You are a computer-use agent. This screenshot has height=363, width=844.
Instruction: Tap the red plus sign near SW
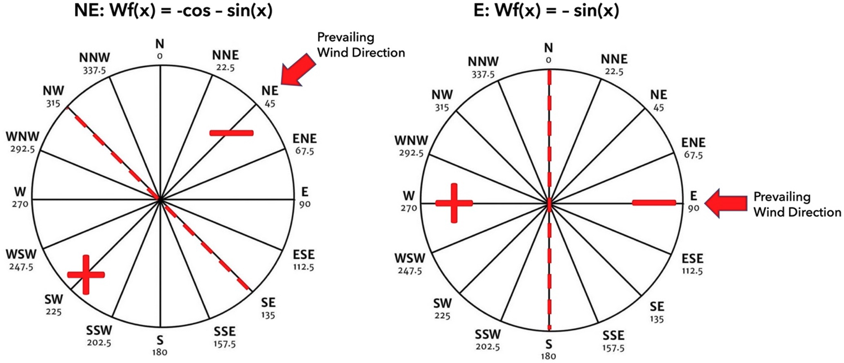tap(86, 274)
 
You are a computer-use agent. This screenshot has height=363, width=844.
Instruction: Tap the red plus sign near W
tap(454, 203)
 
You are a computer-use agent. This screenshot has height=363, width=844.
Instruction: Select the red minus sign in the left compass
tap(232, 132)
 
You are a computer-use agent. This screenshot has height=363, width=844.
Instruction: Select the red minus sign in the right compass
tap(654, 202)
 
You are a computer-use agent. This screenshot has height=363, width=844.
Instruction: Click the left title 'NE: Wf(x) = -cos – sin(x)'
tap(173, 11)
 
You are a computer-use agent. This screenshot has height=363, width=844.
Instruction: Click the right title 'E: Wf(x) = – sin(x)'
tap(546, 11)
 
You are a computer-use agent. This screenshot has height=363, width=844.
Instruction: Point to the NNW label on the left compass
tap(95, 58)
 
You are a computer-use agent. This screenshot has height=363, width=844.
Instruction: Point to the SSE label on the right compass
tap(613, 335)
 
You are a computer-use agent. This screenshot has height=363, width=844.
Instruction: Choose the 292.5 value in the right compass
tap(411, 153)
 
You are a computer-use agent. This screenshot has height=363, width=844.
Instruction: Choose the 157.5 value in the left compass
tap(224, 344)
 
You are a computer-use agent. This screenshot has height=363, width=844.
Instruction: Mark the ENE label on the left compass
tap(304, 139)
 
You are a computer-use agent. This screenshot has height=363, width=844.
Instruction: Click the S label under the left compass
tap(160, 340)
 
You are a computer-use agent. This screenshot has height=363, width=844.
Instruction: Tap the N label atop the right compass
tap(548, 48)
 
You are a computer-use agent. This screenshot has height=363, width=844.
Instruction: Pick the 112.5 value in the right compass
tap(692, 271)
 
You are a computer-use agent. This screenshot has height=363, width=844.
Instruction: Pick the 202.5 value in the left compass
tap(99, 343)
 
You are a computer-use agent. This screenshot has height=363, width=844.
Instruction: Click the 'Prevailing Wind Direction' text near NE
tap(361, 45)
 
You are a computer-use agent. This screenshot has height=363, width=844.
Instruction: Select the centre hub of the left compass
tap(160, 199)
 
